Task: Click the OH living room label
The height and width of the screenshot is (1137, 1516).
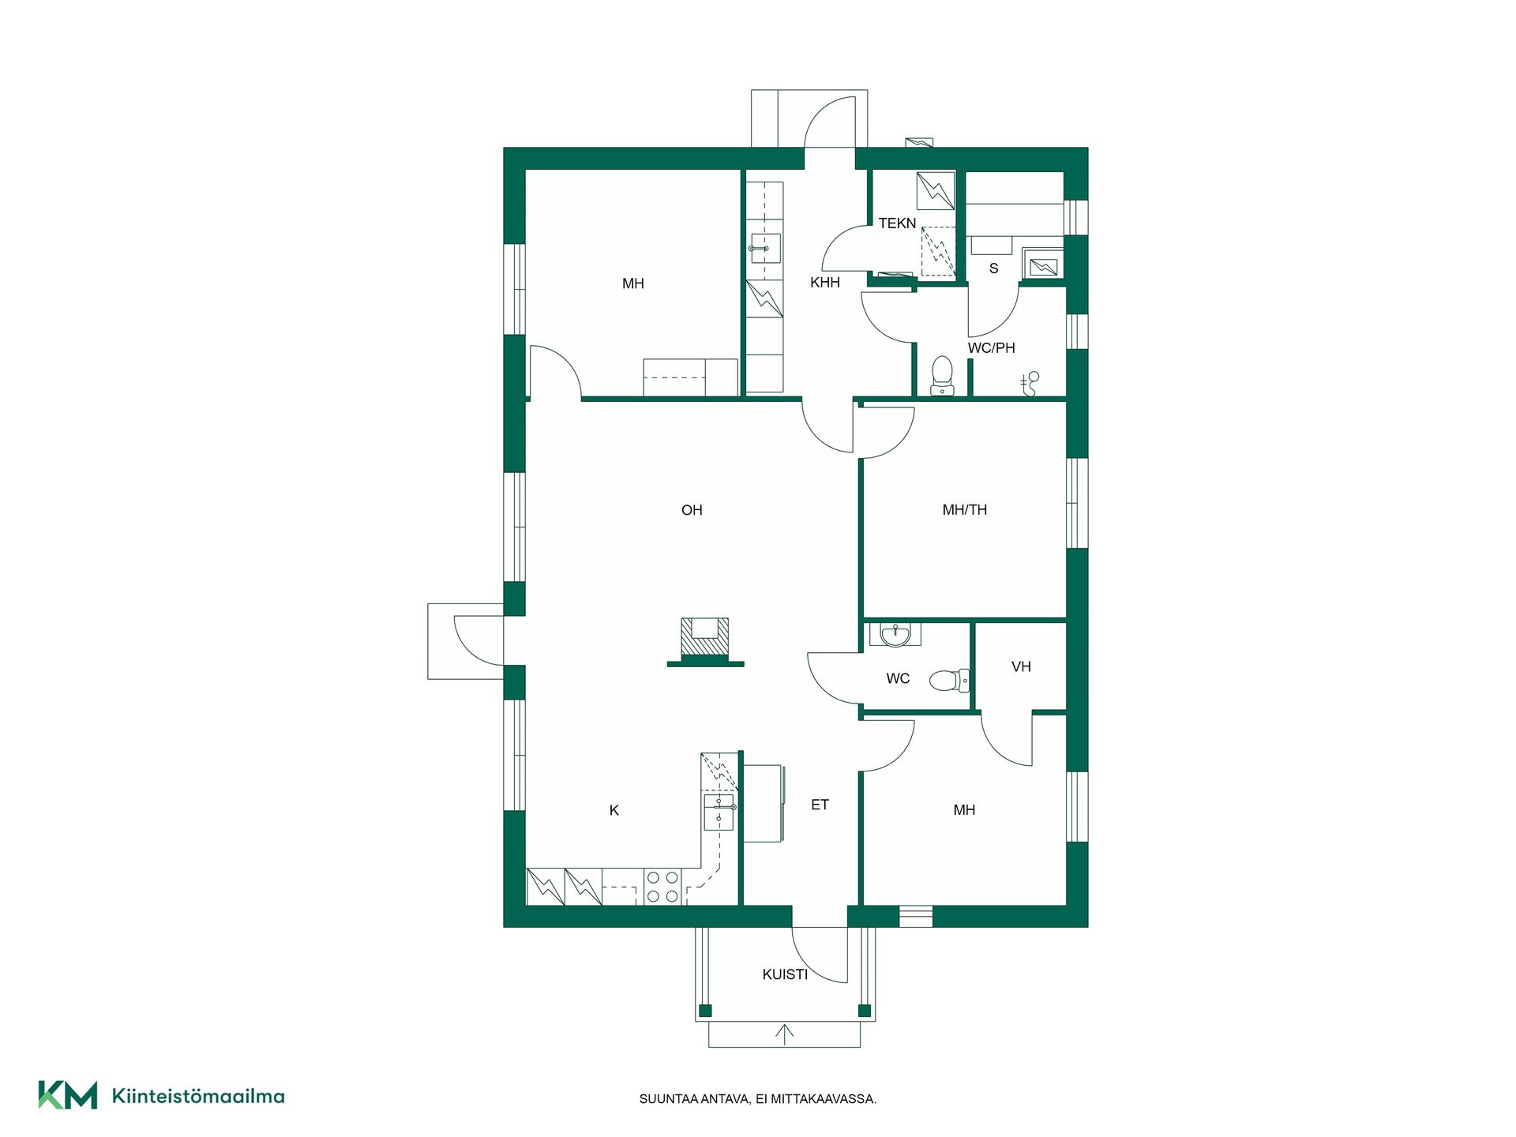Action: [x=692, y=510]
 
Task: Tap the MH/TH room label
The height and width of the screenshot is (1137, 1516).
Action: [x=964, y=510]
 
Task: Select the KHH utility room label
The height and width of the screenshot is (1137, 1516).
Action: [x=824, y=283]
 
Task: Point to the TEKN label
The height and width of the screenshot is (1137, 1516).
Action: [x=897, y=223]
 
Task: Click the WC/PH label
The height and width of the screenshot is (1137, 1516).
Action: [x=991, y=348]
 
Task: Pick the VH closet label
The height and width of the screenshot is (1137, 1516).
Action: [x=1021, y=667]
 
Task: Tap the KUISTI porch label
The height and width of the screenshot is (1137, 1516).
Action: [x=785, y=974]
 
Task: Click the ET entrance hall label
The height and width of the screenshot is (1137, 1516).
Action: [x=820, y=805]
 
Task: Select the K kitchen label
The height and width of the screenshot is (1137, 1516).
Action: [x=614, y=810]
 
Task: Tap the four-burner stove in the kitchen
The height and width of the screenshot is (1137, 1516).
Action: [x=662, y=886]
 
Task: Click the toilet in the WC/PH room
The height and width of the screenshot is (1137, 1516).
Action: [x=941, y=376]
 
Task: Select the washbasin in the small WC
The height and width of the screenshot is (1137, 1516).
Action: [x=895, y=634]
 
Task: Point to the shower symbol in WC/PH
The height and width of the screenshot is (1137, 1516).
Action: [x=1030, y=383]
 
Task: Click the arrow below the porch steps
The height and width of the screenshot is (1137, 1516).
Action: [x=784, y=1035]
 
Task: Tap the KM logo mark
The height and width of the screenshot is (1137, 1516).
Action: [x=68, y=1095]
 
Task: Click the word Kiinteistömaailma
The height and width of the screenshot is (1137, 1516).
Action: [x=198, y=1096]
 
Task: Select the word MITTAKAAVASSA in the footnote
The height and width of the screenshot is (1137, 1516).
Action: [x=830, y=1099]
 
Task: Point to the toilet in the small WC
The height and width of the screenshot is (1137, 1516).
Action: [x=949, y=679]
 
